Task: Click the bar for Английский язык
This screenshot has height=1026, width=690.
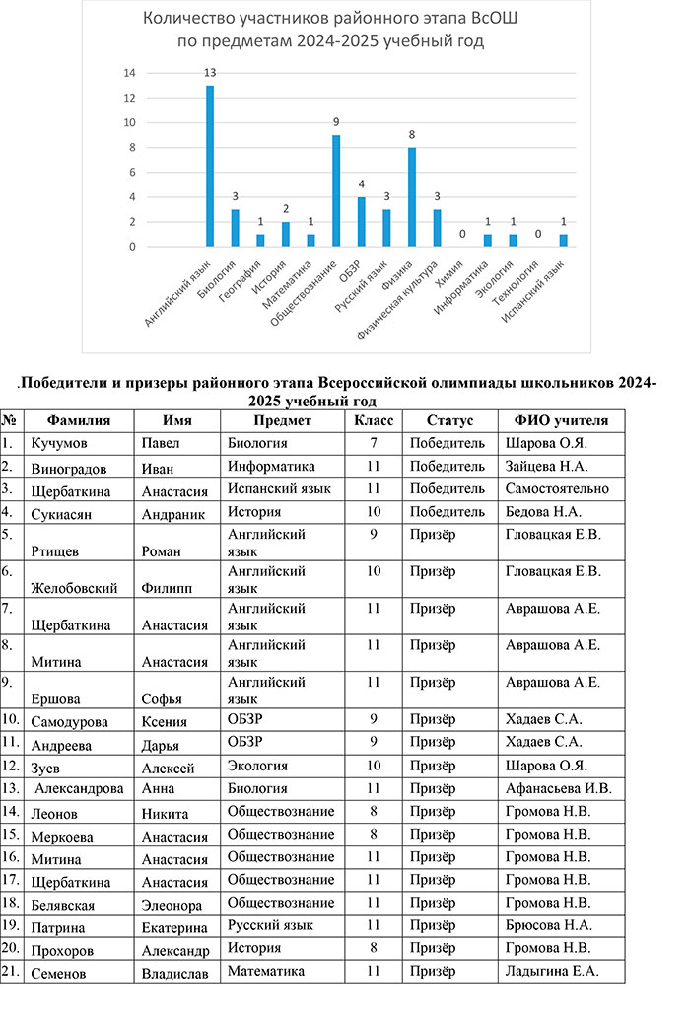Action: [x=210, y=166]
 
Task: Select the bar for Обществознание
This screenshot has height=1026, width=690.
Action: [x=336, y=190]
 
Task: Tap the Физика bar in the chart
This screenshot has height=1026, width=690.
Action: [x=412, y=196]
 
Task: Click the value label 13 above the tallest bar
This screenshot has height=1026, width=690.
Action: [x=210, y=73]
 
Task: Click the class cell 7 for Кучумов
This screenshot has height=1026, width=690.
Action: [x=374, y=443]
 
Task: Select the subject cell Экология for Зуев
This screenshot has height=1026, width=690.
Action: [x=257, y=765]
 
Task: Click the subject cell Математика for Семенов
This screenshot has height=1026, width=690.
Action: [x=266, y=972]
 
